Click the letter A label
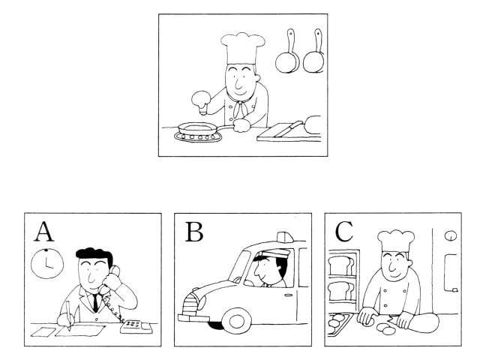pyautogui.click(x=43, y=232)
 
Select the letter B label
pyautogui.click(x=194, y=232)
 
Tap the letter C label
pyautogui.click(x=344, y=232)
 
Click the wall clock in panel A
pyautogui.click(x=47, y=263)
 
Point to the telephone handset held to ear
pyautogui.click(x=110, y=278)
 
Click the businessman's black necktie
pyautogui.click(x=95, y=302)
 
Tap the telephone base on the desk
pyautogui.click(x=136, y=327)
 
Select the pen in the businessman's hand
pyautogui.click(x=68, y=315)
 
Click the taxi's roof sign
pyautogui.click(x=285, y=236)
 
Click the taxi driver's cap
pyautogui.click(x=270, y=254)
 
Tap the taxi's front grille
pyautogui.click(x=190, y=305)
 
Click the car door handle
pyautogui.click(x=288, y=295)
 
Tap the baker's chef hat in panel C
pyautogui.click(x=396, y=240)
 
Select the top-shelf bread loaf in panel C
pyautogui.click(x=340, y=265)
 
